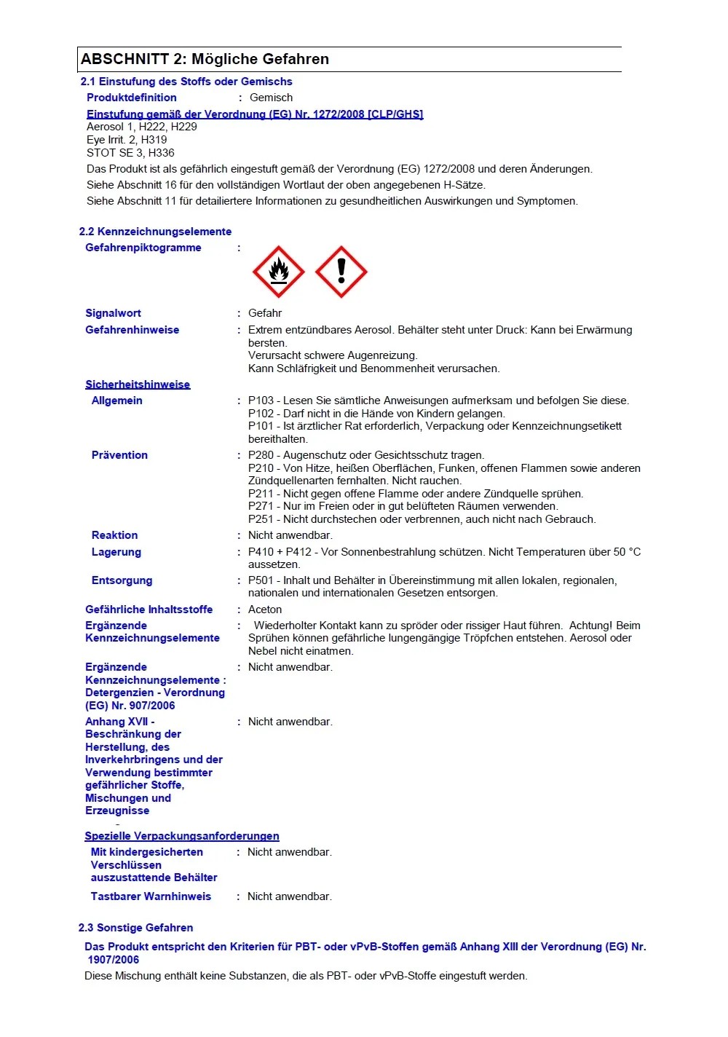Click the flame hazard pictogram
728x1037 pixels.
click(278, 272)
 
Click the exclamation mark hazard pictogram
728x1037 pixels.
click(341, 272)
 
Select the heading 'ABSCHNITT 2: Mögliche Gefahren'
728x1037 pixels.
click(205, 60)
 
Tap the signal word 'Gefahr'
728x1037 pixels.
click(265, 313)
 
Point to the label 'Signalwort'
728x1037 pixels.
click(113, 313)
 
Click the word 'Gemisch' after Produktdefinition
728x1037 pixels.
click(271, 98)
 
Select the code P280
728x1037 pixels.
click(261, 455)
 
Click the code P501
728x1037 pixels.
click(261, 580)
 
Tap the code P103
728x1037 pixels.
click(261, 401)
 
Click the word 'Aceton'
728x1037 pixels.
click(265, 610)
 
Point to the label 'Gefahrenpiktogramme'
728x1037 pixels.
click(143, 248)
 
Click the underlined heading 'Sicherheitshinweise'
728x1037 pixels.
click(138, 385)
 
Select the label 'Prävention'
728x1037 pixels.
click(119, 455)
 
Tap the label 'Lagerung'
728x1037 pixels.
click(116, 552)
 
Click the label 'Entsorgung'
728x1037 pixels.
click(122, 580)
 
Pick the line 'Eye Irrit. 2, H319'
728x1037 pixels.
click(127, 140)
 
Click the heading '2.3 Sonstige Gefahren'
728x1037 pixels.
click(135, 928)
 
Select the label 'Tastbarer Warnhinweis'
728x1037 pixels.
click(151, 896)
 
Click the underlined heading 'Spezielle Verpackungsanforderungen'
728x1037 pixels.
click(182, 836)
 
